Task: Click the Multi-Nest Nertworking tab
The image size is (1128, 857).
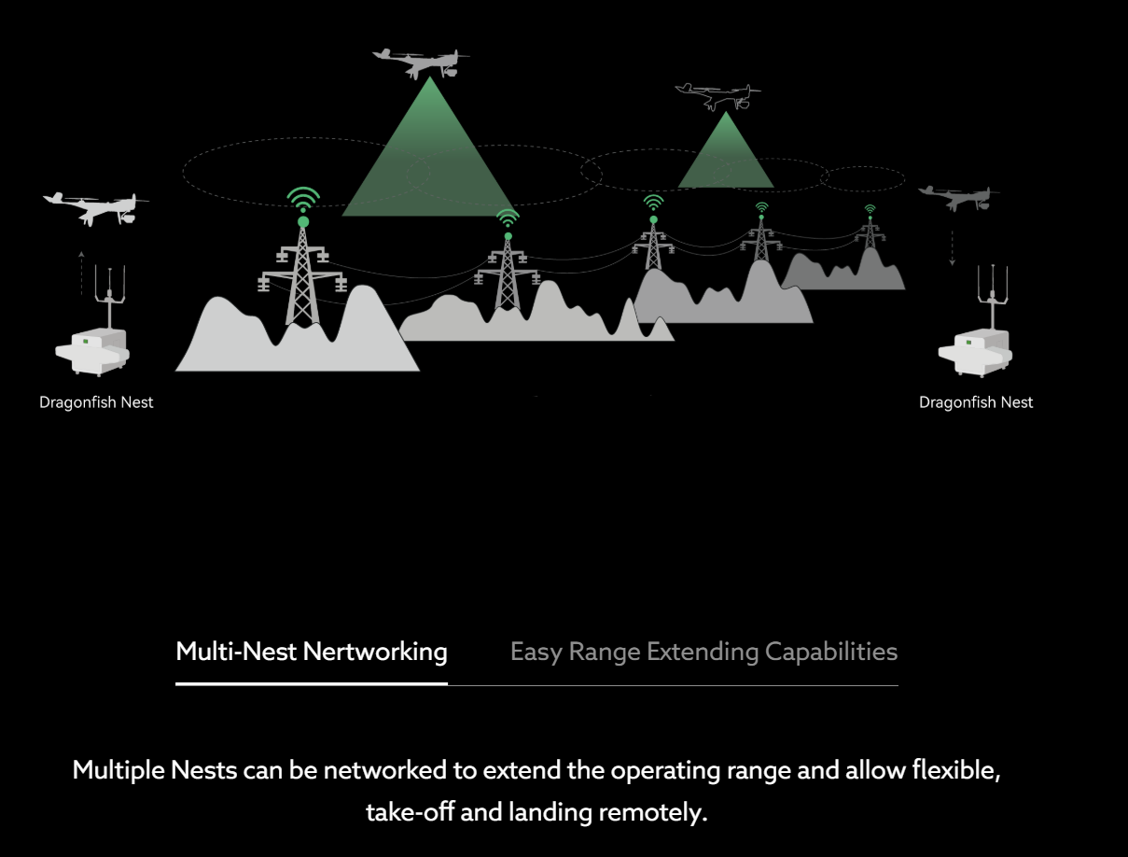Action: point(312,652)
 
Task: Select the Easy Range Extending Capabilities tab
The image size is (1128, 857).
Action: point(703,652)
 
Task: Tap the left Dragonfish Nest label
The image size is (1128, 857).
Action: point(96,402)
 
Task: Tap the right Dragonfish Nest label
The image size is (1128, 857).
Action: point(976,402)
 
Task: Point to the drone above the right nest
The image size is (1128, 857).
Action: point(957,197)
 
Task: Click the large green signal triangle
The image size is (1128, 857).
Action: point(428,159)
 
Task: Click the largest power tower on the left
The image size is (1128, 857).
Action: point(302,275)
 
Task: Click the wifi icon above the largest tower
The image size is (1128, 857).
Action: point(303,200)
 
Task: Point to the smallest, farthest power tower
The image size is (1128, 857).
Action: point(870,233)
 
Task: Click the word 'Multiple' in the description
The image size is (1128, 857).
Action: point(119,772)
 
